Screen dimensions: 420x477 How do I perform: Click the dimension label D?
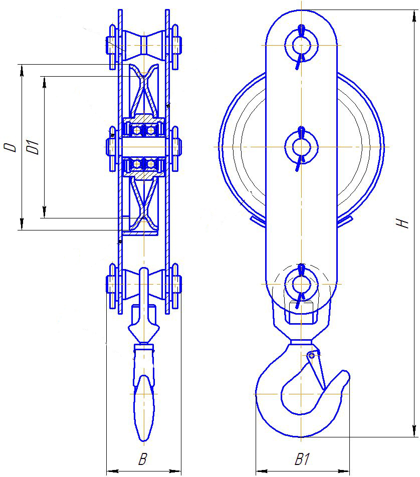(11, 147)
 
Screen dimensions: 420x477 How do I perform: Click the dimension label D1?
(33, 147)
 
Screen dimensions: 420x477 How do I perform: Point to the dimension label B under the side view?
(143, 459)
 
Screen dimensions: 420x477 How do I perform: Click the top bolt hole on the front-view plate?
(301, 45)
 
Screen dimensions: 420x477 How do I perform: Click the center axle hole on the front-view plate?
(301, 147)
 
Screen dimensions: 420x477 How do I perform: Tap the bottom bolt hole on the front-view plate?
(301, 284)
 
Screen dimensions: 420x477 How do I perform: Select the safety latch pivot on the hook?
(311, 355)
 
